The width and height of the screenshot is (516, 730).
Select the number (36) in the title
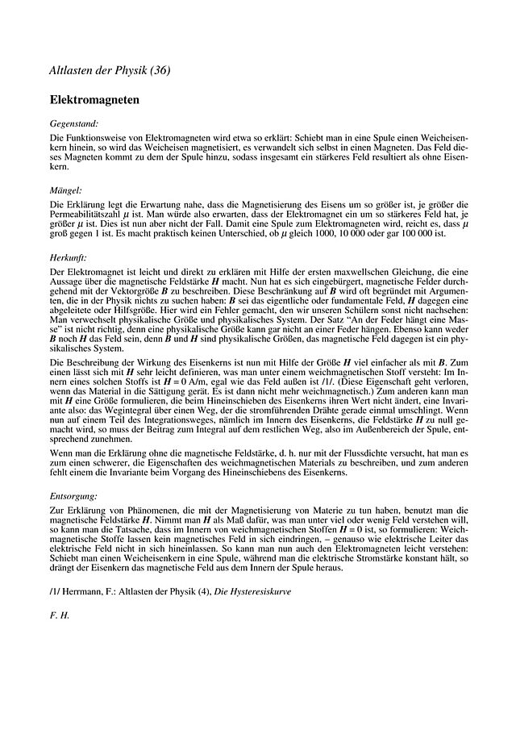(159, 70)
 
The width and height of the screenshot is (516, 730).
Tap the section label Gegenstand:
(74, 124)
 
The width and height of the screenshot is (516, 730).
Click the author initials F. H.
(60, 614)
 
